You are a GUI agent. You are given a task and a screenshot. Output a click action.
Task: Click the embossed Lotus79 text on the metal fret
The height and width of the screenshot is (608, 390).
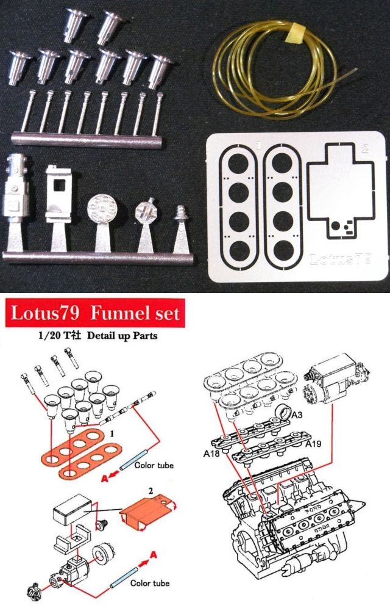tap(341, 259)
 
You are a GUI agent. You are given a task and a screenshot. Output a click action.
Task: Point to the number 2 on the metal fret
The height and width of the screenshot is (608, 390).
tap(364, 148)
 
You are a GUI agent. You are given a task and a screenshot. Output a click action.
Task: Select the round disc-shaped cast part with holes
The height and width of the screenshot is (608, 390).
tap(100, 209)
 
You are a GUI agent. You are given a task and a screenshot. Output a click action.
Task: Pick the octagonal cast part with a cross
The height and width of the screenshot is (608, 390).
tap(146, 211)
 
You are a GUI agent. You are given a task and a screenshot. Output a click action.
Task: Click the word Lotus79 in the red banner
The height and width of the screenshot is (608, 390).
tap(45, 313)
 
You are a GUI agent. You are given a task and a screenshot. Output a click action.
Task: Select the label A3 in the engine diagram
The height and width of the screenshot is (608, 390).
tap(297, 415)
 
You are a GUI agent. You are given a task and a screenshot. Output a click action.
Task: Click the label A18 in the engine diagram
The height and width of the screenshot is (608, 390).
tap(211, 454)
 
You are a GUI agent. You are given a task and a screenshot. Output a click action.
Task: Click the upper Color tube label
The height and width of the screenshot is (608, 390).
tap(154, 465)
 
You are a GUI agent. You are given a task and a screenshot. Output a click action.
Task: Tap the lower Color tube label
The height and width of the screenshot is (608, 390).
tap(150, 583)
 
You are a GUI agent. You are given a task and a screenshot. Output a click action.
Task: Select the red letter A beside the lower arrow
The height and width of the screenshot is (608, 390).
tap(153, 556)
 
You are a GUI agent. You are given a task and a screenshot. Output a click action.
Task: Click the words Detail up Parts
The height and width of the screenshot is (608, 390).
tap(122, 335)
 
